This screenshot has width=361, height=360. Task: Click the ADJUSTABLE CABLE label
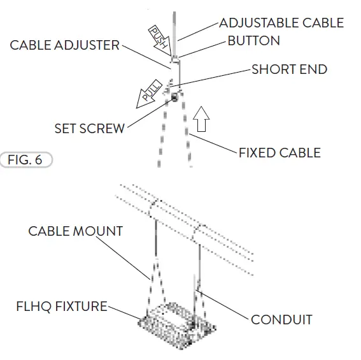pos(281,23)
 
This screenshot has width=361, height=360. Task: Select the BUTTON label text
pos(253,41)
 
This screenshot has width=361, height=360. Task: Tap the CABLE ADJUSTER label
pos(64,45)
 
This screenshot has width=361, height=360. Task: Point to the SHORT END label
pos(289,69)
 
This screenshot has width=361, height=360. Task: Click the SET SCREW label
pos(89,128)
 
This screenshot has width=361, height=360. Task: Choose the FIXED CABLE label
pos(279,153)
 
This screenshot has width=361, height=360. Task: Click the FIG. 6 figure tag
pos(25,159)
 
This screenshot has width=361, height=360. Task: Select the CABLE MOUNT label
pos(75,230)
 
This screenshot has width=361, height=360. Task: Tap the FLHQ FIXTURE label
pos(62,306)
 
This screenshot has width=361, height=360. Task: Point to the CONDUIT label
pos(281,319)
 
